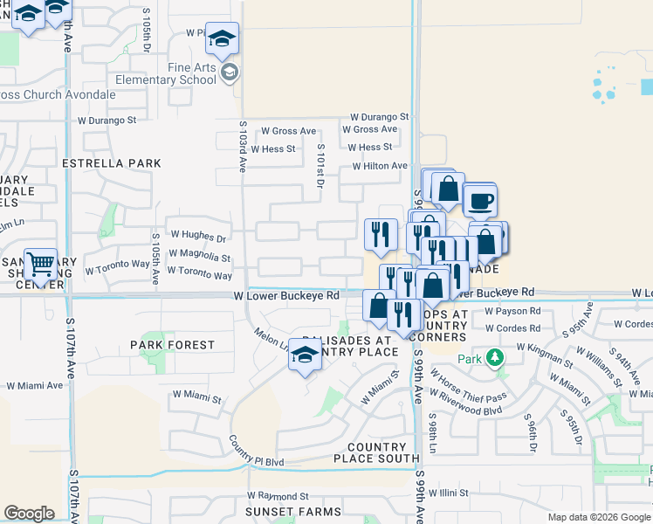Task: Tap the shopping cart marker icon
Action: pyautogui.click(x=40, y=264)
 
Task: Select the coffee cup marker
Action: pyautogui.click(x=479, y=202)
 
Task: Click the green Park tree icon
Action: pyautogui.click(x=495, y=358)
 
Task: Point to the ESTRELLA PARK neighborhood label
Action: pyautogui.click(x=112, y=163)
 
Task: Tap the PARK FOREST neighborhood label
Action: pyautogui.click(x=172, y=345)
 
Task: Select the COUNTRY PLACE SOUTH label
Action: pyautogui.click(x=377, y=452)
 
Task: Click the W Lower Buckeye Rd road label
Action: pyautogui.click(x=286, y=296)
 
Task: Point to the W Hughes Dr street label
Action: pyautogui.click(x=198, y=236)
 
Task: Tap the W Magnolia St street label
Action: pyautogui.click(x=200, y=259)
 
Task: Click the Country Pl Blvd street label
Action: pyautogui.click(x=257, y=452)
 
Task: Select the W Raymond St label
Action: pyautogui.click(x=278, y=495)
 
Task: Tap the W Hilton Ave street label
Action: pyautogui.click(x=380, y=166)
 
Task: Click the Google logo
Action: pyautogui.click(x=29, y=514)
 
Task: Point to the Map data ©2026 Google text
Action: pyautogui.click(x=599, y=517)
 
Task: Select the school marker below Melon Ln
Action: pyautogui.click(x=304, y=356)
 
